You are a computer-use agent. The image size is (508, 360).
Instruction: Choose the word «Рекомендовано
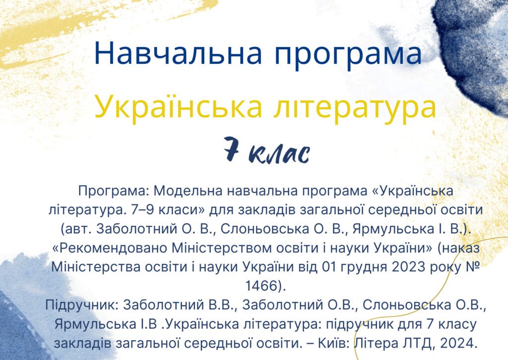tap(117, 248)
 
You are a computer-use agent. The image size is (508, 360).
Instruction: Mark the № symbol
tap(474, 267)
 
